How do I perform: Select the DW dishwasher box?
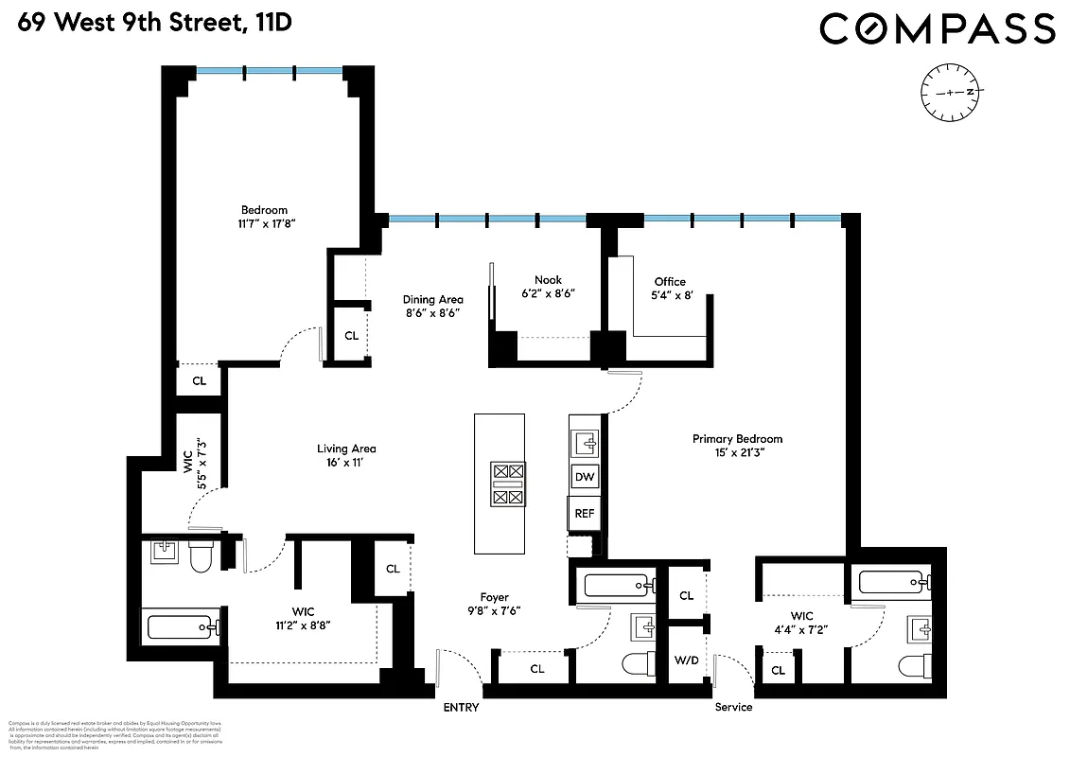click(585, 477)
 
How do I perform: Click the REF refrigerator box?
click(585, 514)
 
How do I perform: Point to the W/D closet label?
click(687, 660)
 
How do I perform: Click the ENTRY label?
click(461, 708)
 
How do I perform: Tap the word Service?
click(733, 708)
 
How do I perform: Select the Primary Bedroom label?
click(737, 439)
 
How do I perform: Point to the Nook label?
click(548, 280)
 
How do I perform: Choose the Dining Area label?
click(432, 300)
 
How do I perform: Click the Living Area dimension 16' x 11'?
click(346, 463)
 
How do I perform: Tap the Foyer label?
click(494, 597)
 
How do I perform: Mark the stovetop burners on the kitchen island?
click(508, 484)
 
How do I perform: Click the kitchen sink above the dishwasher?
click(586, 442)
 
